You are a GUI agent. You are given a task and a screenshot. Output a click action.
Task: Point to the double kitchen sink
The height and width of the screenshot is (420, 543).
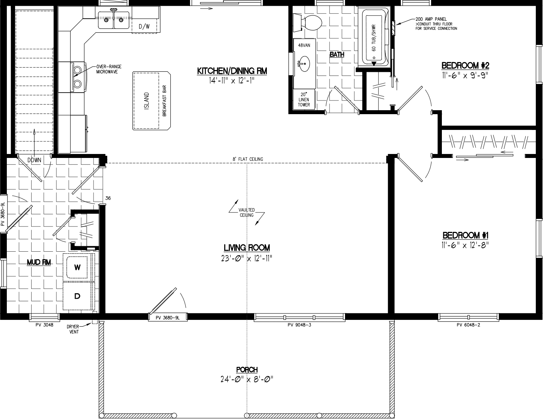(114, 19)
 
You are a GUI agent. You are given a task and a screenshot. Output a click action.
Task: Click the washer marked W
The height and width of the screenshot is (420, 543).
(77, 267)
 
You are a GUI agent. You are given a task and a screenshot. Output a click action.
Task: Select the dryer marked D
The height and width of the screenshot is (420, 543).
(77, 296)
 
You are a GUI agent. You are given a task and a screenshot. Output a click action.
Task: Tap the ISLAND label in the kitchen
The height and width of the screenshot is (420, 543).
(146, 101)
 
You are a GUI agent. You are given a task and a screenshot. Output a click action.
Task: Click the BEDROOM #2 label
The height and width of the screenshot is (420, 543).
(465, 66)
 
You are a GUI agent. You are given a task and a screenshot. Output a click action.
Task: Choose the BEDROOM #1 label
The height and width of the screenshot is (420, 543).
(465, 235)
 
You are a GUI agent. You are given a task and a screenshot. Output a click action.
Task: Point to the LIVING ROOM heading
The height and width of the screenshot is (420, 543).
(247, 248)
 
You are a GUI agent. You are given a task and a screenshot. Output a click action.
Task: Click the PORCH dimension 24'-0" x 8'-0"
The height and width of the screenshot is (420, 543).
(247, 379)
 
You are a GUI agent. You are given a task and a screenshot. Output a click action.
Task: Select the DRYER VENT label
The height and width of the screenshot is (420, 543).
(73, 329)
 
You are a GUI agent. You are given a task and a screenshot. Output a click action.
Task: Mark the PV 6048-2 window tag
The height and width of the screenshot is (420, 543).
(468, 325)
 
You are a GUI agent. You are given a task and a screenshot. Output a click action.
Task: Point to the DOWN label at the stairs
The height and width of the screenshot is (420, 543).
(34, 160)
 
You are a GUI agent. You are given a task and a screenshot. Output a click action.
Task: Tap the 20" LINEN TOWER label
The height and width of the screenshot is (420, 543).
(304, 99)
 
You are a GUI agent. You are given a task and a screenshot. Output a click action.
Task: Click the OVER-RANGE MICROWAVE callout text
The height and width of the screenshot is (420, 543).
(109, 69)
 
